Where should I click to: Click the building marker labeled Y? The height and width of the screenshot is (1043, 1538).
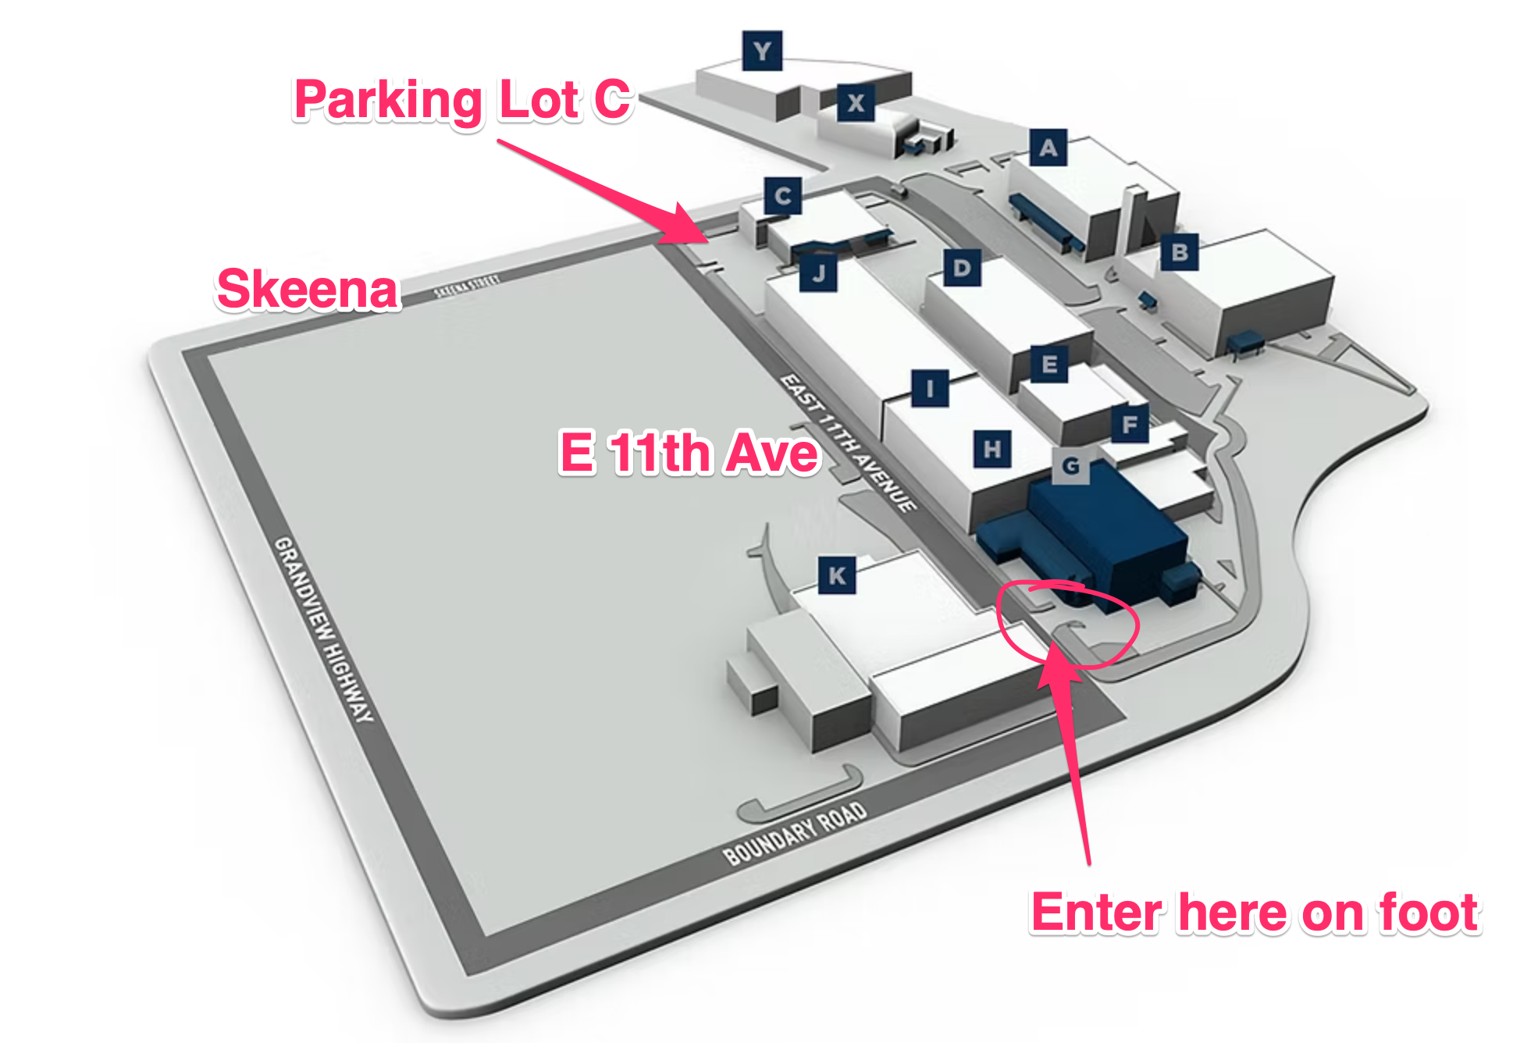(762, 52)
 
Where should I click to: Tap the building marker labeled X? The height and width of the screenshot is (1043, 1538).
(856, 102)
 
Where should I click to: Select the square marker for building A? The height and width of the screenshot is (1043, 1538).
(1048, 147)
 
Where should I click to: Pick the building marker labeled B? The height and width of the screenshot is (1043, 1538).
(1180, 252)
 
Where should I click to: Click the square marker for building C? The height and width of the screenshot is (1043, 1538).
(783, 196)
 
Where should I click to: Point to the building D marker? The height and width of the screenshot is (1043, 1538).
(962, 268)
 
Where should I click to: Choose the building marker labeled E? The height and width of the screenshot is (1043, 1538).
(1049, 364)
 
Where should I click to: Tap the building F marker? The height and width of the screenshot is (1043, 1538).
(1130, 424)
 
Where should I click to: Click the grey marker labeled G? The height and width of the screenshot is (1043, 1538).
(1071, 465)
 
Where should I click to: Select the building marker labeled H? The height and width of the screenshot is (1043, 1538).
(992, 449)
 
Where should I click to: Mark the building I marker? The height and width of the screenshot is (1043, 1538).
(930, 388)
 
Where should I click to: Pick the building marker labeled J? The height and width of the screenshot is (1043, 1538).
(818, 272)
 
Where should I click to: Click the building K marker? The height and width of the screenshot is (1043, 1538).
(837, 575)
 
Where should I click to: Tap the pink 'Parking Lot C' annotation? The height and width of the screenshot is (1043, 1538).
(462, 100)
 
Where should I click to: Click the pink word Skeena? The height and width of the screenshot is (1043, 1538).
(308, 289)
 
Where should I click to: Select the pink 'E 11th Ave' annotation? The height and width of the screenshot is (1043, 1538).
(689, 452)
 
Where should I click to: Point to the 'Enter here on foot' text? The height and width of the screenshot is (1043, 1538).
(1255, 912)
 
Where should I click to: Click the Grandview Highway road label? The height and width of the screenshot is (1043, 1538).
(324, 628)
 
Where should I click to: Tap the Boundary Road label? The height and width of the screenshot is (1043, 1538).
(795, 833)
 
